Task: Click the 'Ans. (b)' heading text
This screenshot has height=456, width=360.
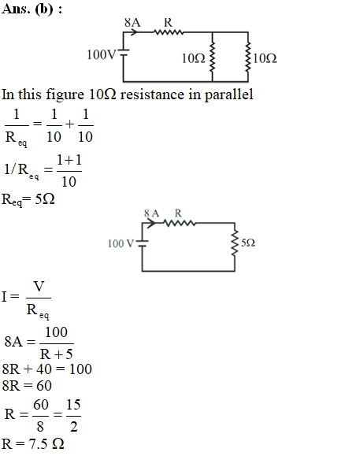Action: [28, 9]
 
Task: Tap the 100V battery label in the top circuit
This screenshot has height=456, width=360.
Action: [102, 54]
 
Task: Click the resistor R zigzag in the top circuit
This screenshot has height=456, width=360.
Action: [169, 32]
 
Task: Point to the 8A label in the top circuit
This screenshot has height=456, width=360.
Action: [132, 22]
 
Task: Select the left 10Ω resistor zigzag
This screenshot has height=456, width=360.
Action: [212, 57]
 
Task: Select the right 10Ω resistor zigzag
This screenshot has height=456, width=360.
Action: [248, 57]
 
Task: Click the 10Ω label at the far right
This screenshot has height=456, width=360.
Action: [265, 58]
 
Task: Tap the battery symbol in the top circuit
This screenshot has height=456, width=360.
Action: [124, 52]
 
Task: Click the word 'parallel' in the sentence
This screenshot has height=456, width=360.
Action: [229, 95]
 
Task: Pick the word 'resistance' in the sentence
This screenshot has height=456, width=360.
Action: [152, 95]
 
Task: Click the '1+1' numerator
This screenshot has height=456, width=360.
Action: [69, 160]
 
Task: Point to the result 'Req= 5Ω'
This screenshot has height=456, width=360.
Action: [28, 200]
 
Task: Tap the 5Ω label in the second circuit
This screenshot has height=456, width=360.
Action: [248, 243]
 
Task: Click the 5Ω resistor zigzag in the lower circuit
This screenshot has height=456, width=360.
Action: [235, 243]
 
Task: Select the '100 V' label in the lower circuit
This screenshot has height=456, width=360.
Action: [121, 243]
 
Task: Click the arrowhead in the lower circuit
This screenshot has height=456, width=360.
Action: [151, 223]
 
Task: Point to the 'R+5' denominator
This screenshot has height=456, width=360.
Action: [56, 354]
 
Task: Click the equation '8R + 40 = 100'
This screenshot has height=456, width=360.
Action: [46, 369]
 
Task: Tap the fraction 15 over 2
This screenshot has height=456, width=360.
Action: [73, 415]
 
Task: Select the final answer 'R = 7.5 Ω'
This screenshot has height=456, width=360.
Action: [32, 444]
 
